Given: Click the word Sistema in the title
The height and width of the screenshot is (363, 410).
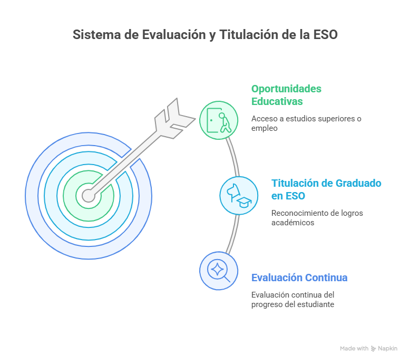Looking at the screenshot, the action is (x=97, y=34).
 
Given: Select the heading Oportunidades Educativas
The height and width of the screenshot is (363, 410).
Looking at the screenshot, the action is (x=286, y=95).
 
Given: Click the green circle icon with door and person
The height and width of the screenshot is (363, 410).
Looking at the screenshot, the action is (x=219, y=120).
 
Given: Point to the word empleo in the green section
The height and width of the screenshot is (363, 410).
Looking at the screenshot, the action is (x=265, y=128).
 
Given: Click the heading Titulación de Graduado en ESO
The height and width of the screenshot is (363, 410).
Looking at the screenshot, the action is (x=326, y=189).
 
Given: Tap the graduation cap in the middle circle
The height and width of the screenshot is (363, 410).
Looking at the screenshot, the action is (x=244, y=202).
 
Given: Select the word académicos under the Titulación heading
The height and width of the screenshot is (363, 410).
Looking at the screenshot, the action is (x=292, y=223).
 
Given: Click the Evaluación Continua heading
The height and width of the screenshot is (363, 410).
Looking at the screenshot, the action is (x=299, y=278).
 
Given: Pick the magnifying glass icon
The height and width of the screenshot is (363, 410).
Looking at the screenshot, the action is (x=219, y=271).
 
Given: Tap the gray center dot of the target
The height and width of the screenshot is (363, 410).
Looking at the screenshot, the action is (x=89, y=196).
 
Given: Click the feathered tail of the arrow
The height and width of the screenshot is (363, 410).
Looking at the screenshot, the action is (x=174, y=119).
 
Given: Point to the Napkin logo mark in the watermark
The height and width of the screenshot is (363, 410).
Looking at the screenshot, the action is (x=373, y=349).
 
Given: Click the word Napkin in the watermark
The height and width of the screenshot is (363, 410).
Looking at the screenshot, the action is (x=387, y=348).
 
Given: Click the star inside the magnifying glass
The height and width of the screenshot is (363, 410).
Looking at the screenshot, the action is (x=217, y=269).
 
